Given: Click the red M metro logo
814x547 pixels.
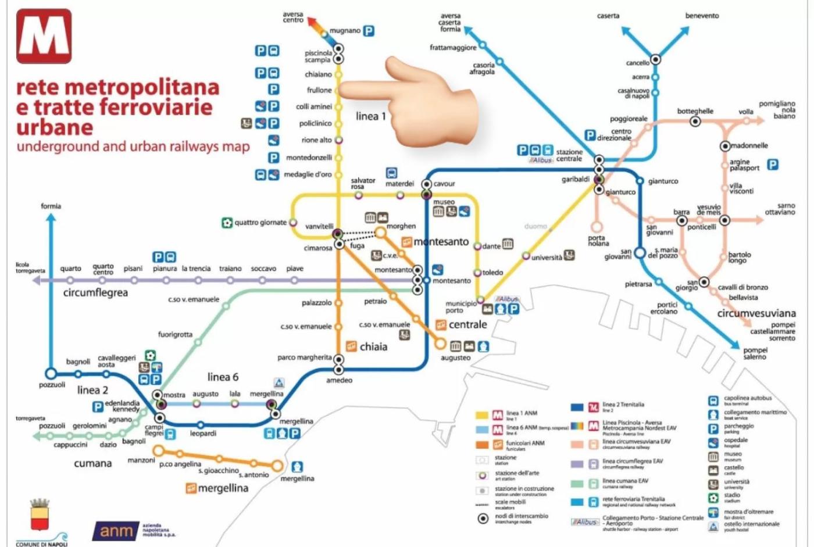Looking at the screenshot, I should [x=44, y=36].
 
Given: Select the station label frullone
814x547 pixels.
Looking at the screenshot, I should [x=319, y=90].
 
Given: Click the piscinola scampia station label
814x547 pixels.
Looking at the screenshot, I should [x=318, y=56].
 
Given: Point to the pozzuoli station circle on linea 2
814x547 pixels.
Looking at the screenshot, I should [x=51, y=373].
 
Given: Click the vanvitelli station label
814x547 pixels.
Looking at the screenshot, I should [x=319, y=226].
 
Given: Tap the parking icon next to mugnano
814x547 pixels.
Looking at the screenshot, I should [x=369, y=31].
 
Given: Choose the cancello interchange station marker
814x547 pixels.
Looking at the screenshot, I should [x=655, y=59].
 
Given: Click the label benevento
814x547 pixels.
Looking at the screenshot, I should [x=702, y=16].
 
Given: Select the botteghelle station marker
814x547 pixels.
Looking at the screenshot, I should [x=695, y=121].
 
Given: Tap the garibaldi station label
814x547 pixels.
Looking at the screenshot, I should [x=576, y=179].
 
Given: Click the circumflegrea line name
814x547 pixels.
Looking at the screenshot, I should [x=95, y=292].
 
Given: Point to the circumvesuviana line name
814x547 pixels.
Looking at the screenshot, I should [x=756, y=313].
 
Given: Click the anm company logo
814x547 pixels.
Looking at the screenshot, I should [x=116, y=531].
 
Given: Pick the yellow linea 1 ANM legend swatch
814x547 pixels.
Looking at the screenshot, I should [x=482, y=415].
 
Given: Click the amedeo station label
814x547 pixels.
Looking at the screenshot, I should [x=339, y=380].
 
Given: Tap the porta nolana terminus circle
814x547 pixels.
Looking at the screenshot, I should [x=597, y=227].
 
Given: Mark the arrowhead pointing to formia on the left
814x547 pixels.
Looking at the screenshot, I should [x=51, y=218].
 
